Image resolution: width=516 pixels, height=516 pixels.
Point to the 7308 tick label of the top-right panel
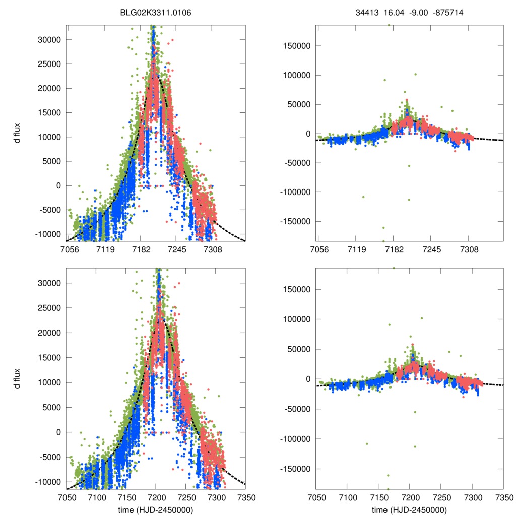(x=469, y=249)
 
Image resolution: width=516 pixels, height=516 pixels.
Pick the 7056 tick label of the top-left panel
(x=70, y=249)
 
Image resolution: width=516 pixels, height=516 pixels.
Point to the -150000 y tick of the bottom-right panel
(x=295, y=469)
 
